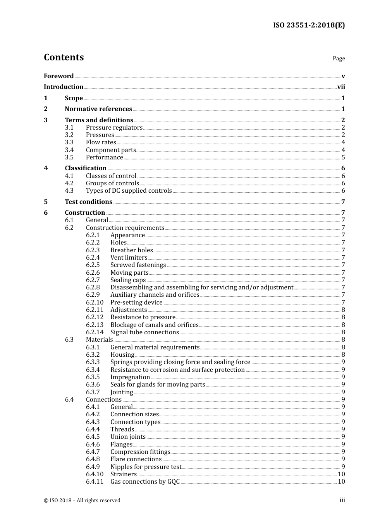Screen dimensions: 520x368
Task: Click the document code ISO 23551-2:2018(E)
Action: pos(309,26)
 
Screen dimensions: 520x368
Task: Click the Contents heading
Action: pos(64,57)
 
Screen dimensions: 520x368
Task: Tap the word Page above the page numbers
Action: pos(339,58)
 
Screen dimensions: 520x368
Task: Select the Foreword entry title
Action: pos(58,76)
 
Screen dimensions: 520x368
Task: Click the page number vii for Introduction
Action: pos(341,87)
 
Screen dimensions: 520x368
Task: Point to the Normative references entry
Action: pos(98,109)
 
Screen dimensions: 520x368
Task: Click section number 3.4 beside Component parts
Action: pos(69,150)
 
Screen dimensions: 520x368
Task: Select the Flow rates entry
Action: pos(101,142)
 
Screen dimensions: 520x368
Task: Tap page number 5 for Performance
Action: pos(343,157)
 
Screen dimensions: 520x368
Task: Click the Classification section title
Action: pos(86,168)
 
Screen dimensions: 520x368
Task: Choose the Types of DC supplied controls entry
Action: pos(129,191)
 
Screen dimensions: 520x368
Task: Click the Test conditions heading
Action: pos(88,202)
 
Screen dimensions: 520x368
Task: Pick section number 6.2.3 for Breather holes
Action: pos(93,250)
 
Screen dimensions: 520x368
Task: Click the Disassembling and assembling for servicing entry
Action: pos(201,287)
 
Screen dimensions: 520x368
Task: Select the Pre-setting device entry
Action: pos(136,303)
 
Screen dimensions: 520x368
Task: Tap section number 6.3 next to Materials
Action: pos(69,340)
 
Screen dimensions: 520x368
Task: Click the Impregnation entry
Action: pos(130,377)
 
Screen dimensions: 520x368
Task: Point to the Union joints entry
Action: pos(128,437)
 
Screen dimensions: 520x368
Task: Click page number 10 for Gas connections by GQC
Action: pos(341,482)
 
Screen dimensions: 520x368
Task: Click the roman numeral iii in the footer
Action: pos(342,500)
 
